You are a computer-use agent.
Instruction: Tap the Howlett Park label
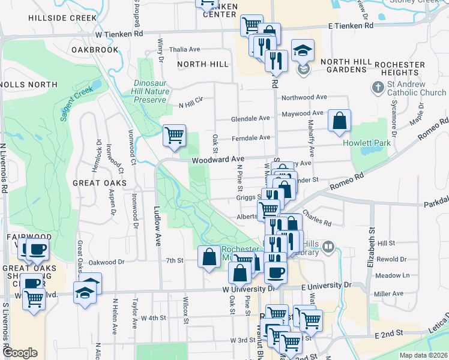367,143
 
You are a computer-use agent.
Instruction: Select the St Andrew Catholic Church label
416,88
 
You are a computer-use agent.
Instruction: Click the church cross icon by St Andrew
378,88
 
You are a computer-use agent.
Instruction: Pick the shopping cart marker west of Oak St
174,135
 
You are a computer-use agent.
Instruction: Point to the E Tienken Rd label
351,26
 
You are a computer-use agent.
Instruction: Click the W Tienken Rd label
119,34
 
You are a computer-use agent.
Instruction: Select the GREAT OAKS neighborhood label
100,182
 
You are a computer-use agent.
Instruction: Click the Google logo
20,352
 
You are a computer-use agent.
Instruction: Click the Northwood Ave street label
304,97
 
